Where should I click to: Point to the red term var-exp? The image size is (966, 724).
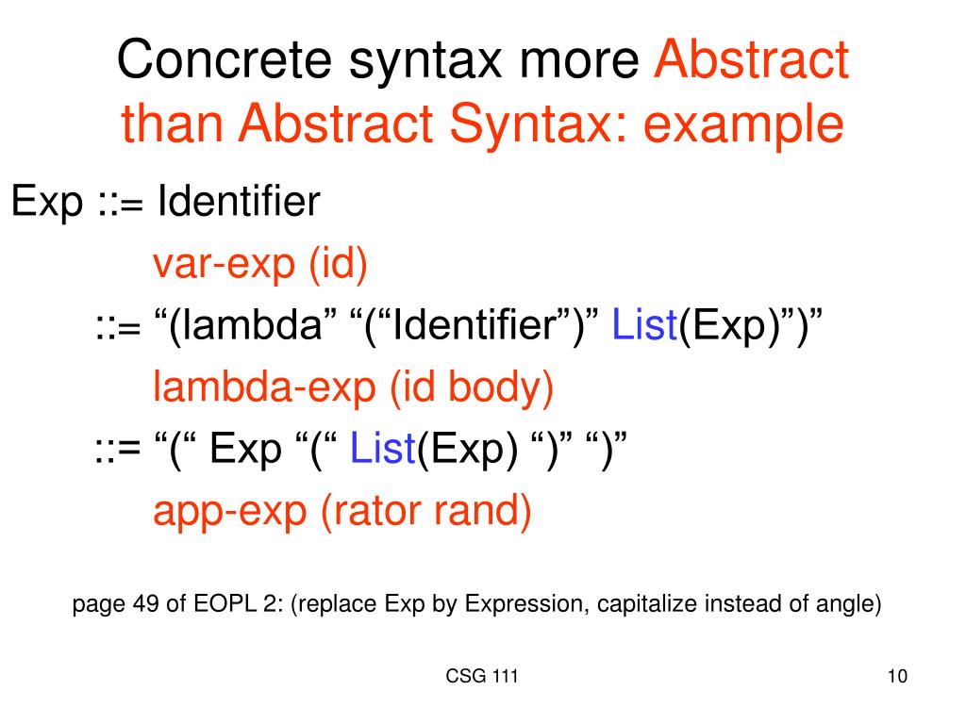224,267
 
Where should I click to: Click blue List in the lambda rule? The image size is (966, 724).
645,327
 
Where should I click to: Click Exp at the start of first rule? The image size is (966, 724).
46,203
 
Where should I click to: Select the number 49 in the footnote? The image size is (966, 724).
147,604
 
